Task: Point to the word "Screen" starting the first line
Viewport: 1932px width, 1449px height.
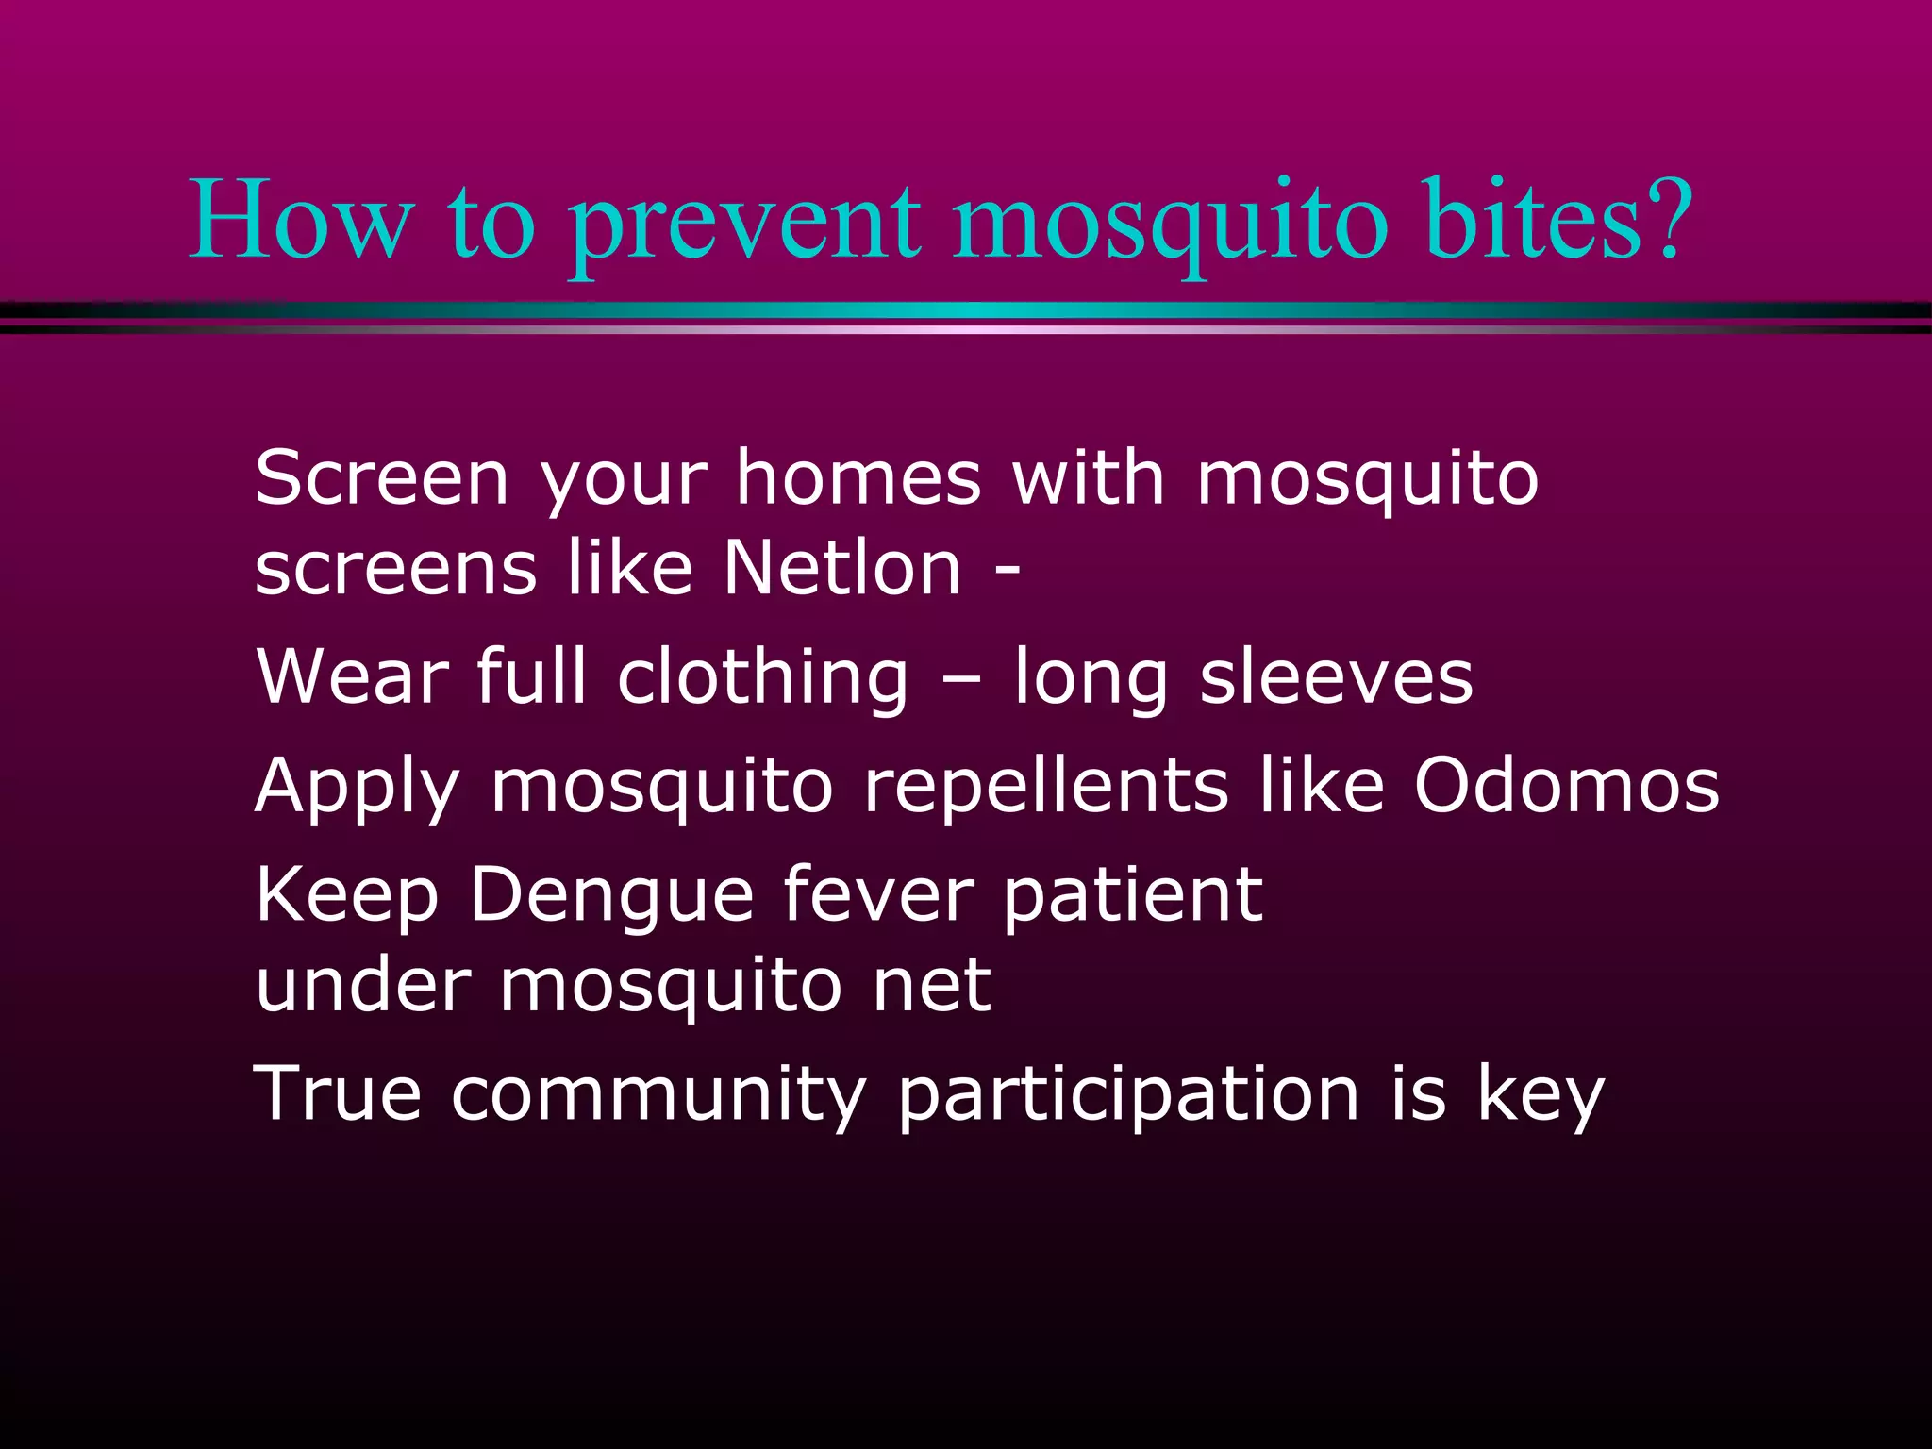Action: coord(381,478)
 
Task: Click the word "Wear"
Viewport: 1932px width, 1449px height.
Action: coord(351,676)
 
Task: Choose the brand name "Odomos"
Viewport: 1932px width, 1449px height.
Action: coord(1566,785)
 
